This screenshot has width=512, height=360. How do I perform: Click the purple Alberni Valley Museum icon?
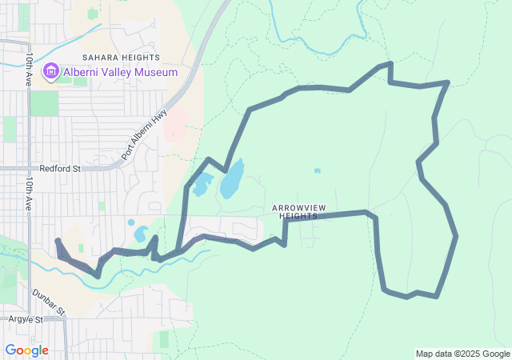(x=53, y=72)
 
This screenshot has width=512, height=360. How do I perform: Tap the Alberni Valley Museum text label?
(x=120, y=73)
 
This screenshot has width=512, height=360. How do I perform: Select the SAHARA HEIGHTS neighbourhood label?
(x=122, y=58)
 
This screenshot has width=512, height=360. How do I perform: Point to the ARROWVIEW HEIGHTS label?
(x=295, y=212)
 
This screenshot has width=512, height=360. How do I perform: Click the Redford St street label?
(x=60, y=169)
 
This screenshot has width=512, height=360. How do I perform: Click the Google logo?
(x=26, y=350)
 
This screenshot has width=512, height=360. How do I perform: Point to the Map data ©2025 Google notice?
(x=462, y=354)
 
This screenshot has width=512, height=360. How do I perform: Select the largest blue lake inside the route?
(x=232, y=180)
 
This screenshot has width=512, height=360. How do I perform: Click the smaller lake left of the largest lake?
(x=201, y=186)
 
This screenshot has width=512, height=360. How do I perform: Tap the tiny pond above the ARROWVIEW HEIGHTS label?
(x=318, y=170)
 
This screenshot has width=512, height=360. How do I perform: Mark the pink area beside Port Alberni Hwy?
(x=175, y=125)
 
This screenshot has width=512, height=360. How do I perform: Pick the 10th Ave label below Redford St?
(x=28, y=194)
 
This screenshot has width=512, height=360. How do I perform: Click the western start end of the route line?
(x=57, y=241)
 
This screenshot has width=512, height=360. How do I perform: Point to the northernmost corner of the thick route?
(x=390, y=64)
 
